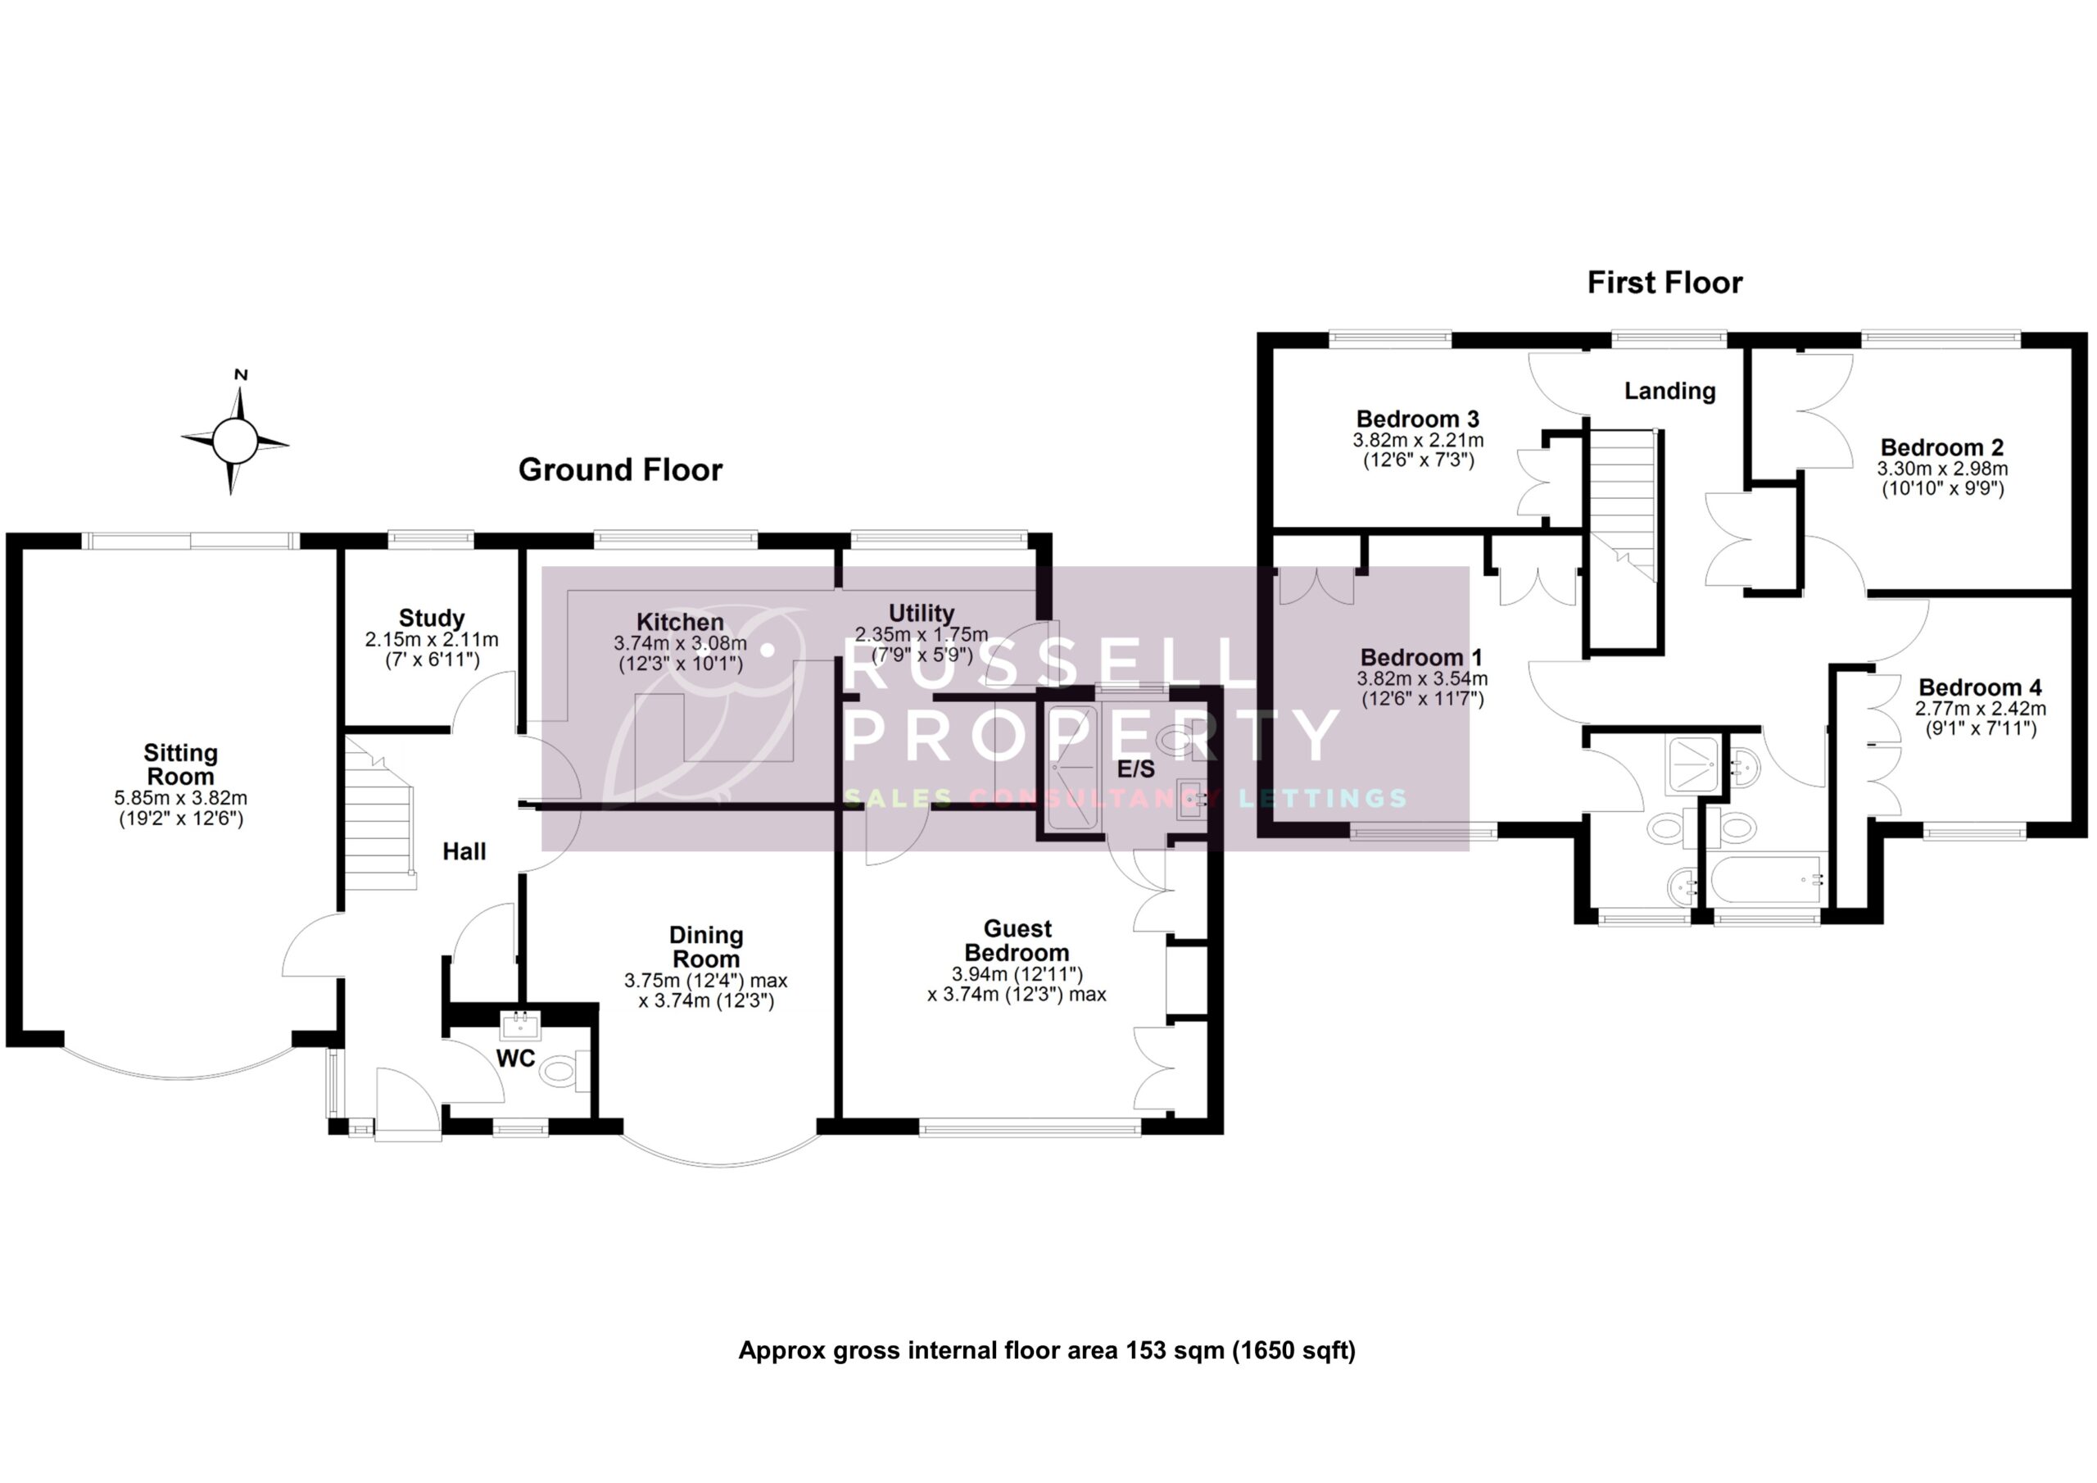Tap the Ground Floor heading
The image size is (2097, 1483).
(x=620, y=469)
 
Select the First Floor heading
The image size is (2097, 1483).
(x=1664, y=283)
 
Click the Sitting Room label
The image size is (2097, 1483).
(x=181, y=764)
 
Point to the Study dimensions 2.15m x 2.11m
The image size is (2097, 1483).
(x=431, y=640)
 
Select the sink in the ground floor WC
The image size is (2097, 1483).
(x=521, y=1025)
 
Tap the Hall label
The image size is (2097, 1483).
(x=464, y=851)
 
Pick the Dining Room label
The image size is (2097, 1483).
(x=706, y=946)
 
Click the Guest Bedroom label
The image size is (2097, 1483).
(x=1017, y=941)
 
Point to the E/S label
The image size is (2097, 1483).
(x=1136, y=769)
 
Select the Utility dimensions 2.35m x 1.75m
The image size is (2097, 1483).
(x=921, y=634)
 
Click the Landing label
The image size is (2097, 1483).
(x=1669, y=391)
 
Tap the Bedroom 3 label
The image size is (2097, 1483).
(x=1417, y=420)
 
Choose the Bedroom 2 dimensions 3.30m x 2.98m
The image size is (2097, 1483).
(x=1941, y=469)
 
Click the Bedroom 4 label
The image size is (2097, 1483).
(x=1979, y=687)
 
